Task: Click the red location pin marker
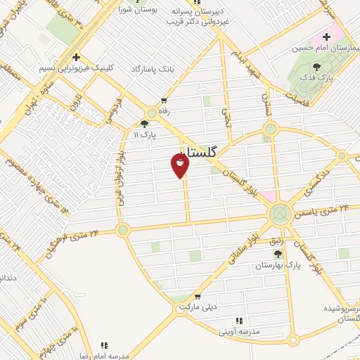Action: tap(179, 165)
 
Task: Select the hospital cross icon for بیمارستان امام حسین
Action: tap(326, 37)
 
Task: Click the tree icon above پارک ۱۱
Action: tap(144, 124)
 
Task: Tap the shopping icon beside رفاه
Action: tap(164, 101)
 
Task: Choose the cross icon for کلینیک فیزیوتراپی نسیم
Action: tap(77, 58)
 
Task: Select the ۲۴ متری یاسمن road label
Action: tap(324, 210)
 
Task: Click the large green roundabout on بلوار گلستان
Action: tap(280, 213)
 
